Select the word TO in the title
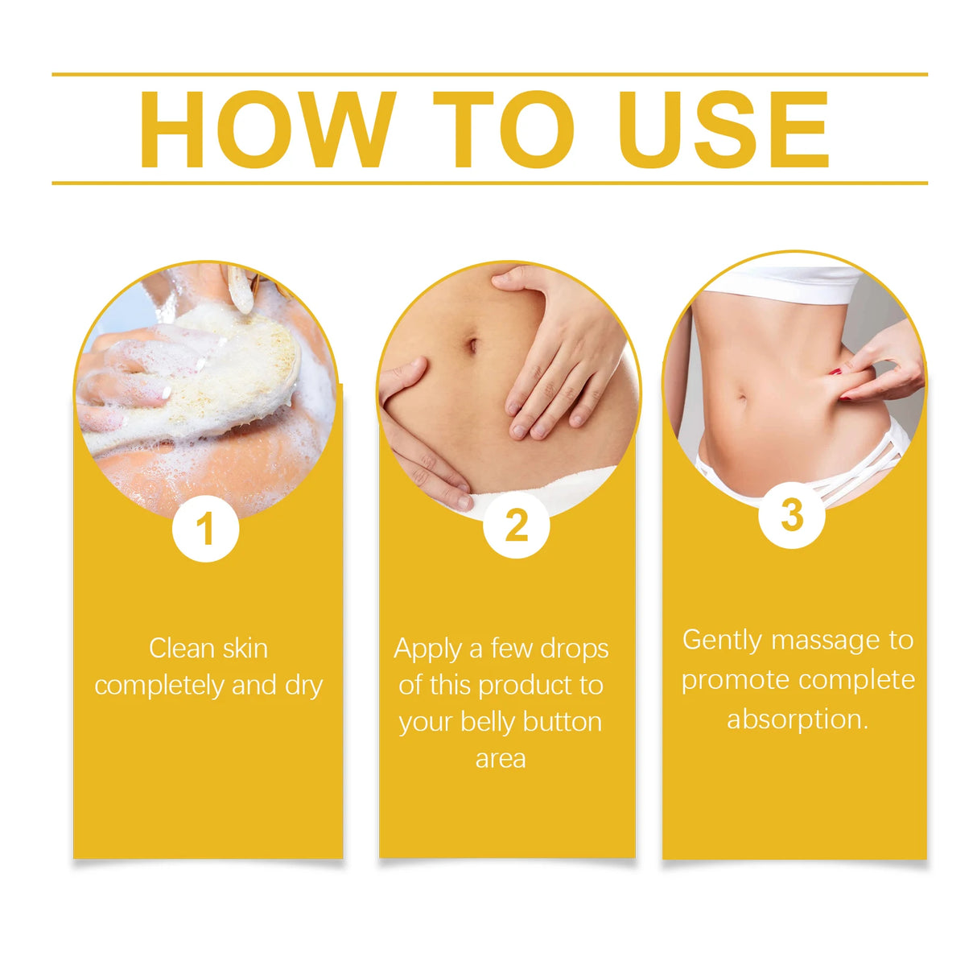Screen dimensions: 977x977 tap(503, 130)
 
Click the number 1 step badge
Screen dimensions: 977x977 tap(205, 529)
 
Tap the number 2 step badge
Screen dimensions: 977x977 tap(516, 525)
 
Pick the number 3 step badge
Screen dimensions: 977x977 tap(792, 515)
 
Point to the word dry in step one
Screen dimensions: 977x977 tap(303, 686)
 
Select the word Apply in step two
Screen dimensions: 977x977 tap(428, 649)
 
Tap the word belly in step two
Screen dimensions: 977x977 tap(487, 722)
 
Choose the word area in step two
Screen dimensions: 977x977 tap(501, 759)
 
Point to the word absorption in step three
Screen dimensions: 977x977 tap(797, 719)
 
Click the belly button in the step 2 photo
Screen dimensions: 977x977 tap(472, 346)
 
